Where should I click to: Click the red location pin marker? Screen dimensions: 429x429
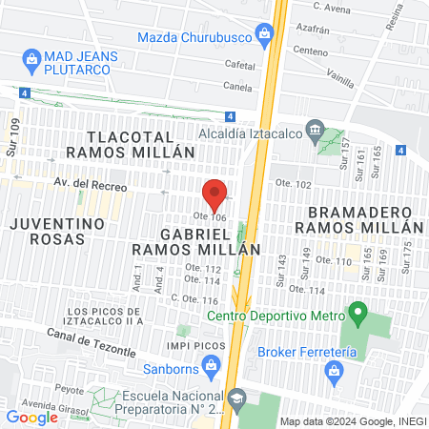click(215, 194)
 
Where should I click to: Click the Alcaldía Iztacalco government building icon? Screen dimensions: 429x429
click(314, 131)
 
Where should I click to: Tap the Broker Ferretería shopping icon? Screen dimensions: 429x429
click(334, 369)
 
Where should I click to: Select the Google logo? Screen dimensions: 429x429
click(31, 417)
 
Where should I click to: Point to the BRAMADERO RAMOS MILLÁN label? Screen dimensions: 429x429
click(358, 219)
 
